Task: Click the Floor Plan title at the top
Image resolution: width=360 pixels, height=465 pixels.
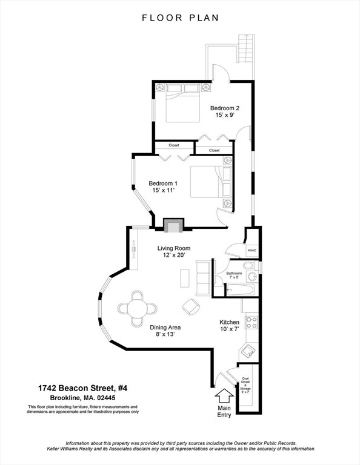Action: coord(180,18)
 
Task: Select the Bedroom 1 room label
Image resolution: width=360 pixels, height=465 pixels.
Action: coord(163,187)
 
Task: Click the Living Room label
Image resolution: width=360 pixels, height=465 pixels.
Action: coord(174,251)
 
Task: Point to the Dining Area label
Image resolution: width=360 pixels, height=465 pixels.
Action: coord(165,331)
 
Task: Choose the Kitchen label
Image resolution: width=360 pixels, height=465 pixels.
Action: coord(229,326)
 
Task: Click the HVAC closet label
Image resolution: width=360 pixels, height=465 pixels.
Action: coord(252,249)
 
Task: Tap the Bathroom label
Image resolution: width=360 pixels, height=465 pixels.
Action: coord(234,275)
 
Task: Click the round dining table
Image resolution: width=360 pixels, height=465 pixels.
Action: coord(137,308)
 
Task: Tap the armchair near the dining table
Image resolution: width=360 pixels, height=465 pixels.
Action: coord(192,306)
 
